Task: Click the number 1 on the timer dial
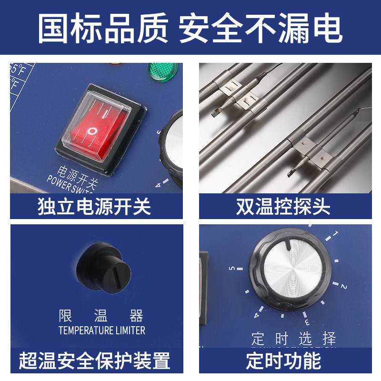coord(335,234)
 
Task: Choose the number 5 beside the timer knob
coord(232,269)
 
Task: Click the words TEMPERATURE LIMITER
coord(101,330)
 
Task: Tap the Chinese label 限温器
coord(101,316)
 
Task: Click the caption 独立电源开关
coord(94,207)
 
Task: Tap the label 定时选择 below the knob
coord(294,340)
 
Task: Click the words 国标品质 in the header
coord(102,28)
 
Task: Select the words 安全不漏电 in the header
coord(261,28)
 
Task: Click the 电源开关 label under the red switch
coord(72,170)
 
